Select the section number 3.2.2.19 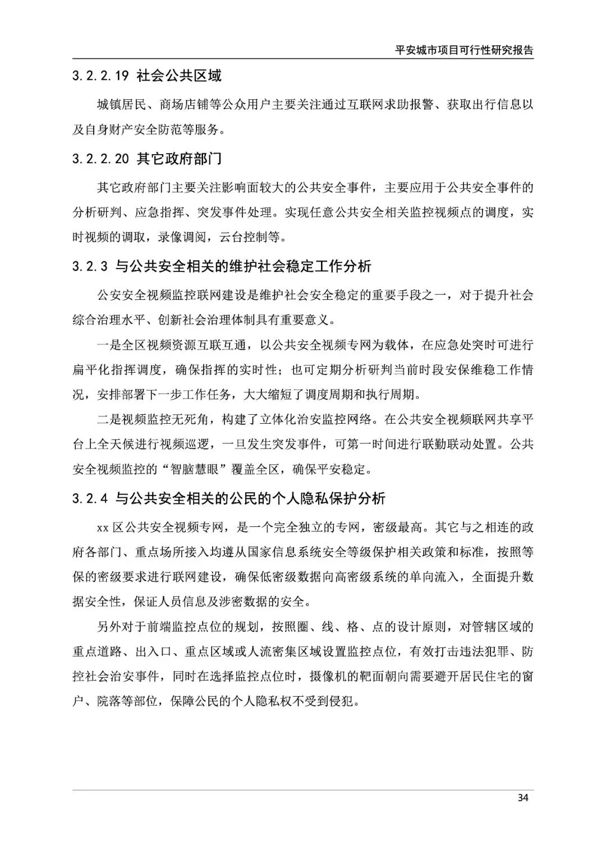pos(101,76)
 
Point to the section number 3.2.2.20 pos(101,159)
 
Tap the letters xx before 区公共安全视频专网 pos(103,528)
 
